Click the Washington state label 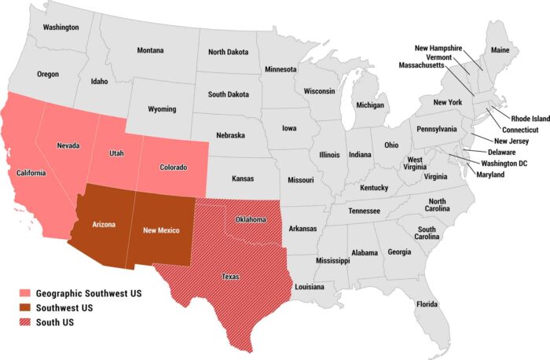(61, 27)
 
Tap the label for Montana (150, 50)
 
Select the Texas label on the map (230, 277)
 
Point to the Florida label (427, 303)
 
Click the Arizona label (104, 224)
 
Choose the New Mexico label (161, 230)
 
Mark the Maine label (500, 50)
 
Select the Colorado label (173, 167)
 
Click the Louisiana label (309, 287)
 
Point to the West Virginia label (415, 164)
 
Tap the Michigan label (370, 105)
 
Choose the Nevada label (68, 145)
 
